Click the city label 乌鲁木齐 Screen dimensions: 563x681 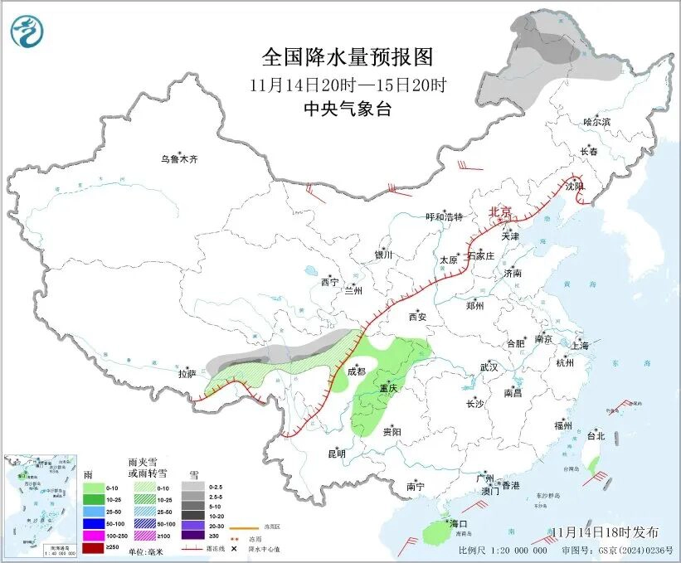click(x=180, y=159)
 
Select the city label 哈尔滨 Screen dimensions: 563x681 click(x=596, y=122)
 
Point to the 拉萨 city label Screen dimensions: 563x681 click(x=187, y=374)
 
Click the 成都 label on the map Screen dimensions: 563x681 click(x=358, y=372)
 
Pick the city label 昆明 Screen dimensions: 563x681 click(x=336, y=453)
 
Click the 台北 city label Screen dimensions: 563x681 click(x=596, y=435)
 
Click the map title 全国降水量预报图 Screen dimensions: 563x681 click(x=348, y=57)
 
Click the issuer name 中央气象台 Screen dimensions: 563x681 click(x=348, y=109)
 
